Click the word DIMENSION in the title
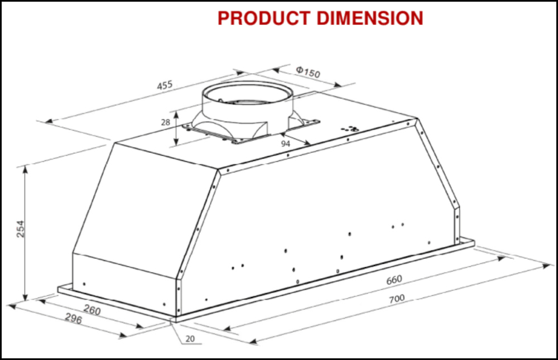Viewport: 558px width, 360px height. point(370,18)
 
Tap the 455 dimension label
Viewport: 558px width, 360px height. point(164,86)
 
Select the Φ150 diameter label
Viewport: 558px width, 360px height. point(307,72)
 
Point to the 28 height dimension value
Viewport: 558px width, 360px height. point(166,122)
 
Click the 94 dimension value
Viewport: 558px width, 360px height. point(285,144)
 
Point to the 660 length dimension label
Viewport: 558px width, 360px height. point(394,279)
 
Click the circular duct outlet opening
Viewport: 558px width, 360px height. point(247,95)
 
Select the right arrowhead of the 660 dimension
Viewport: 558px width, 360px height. point(502,258)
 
